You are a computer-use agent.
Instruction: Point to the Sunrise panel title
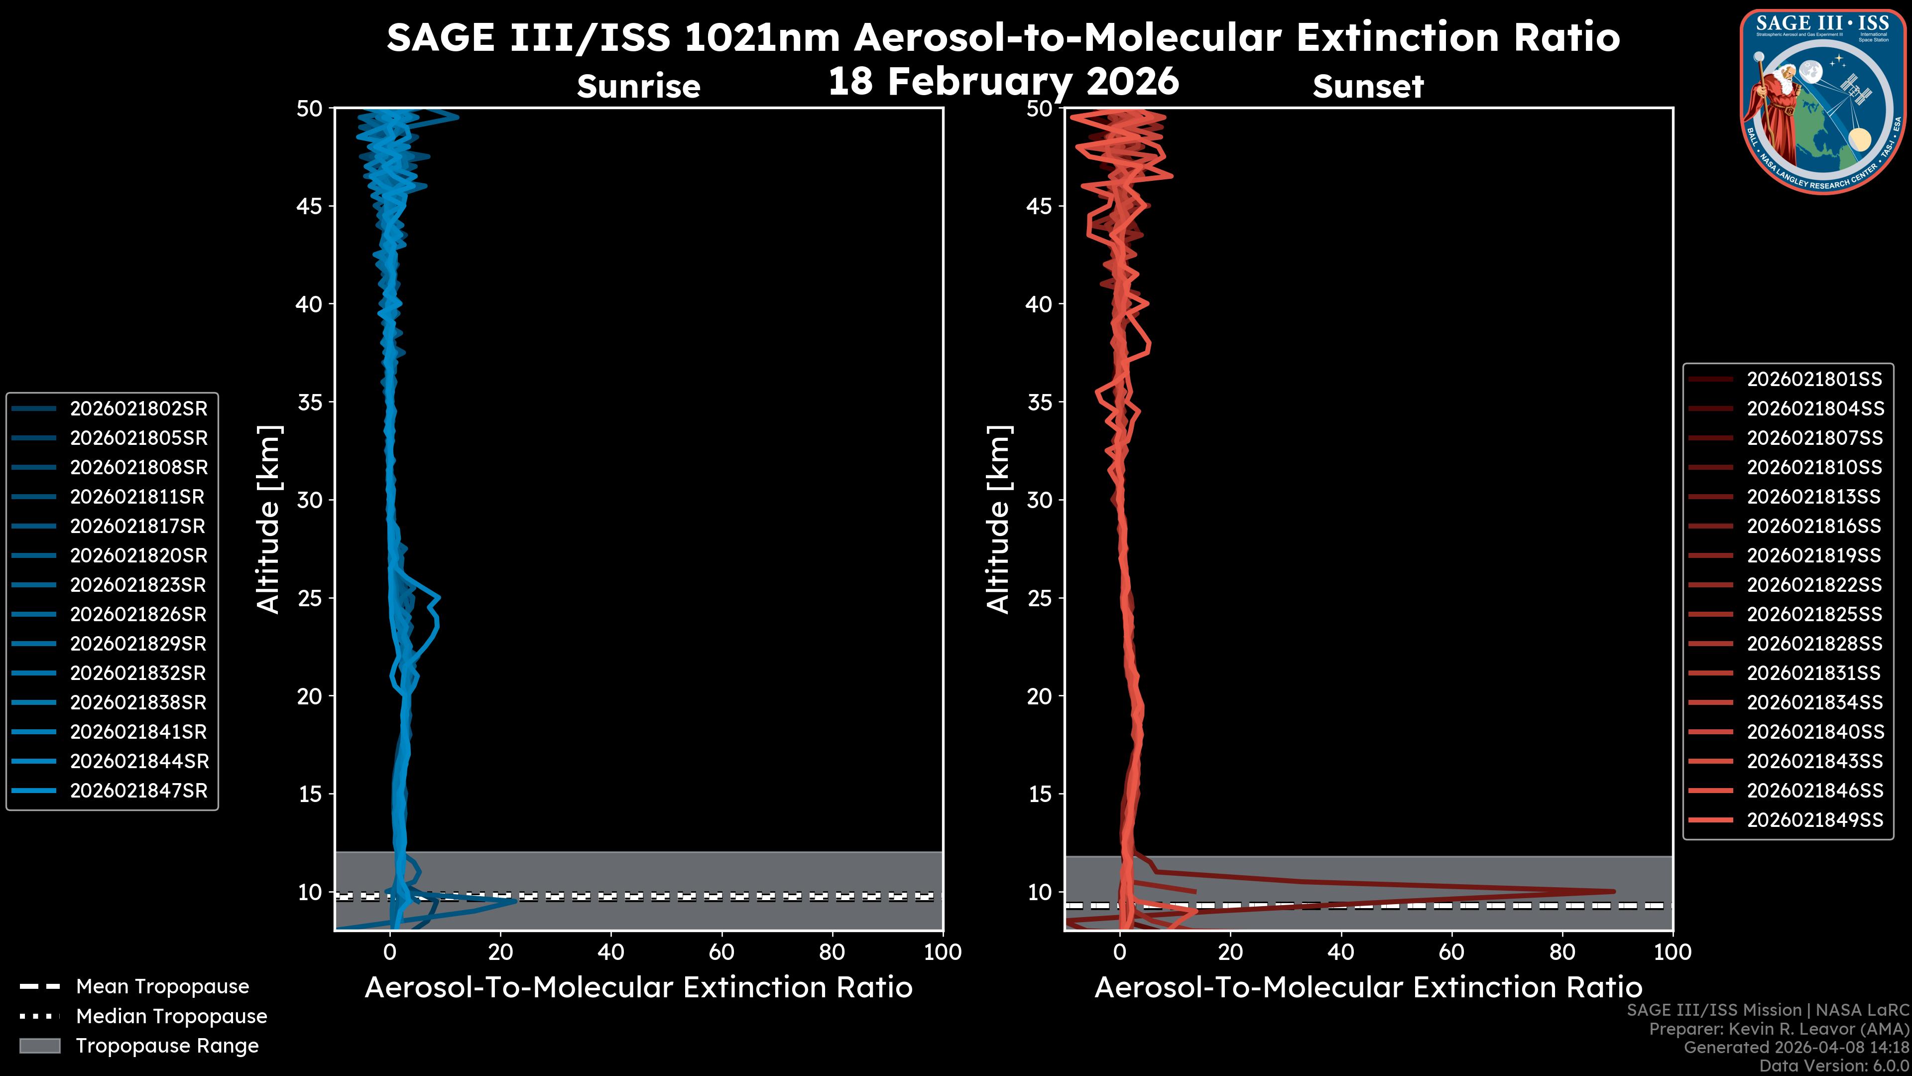(638, 86)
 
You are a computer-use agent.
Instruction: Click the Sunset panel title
(1368, 86)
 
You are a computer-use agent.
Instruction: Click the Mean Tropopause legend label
(162, 986)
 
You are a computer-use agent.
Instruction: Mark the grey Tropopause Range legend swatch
(39, 1046)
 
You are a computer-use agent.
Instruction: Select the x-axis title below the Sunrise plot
(638, 988)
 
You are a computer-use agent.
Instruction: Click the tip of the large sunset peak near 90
(1613, 891)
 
